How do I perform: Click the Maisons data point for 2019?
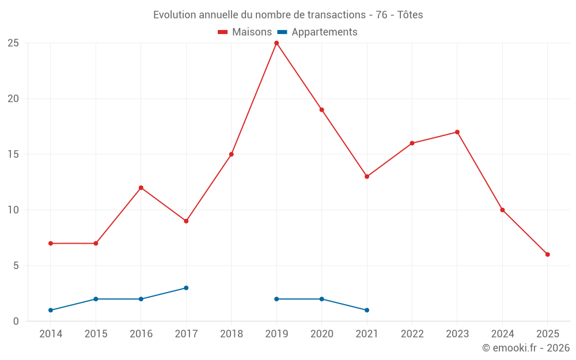pos(276,43)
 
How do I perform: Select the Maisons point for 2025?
pos(548,255)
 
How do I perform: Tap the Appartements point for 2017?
pos(186,288)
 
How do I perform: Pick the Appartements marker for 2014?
pos(51,310)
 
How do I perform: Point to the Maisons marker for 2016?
pos(141,188)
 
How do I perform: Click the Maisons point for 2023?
pos(457,132)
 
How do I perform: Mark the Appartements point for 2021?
pos(367,310)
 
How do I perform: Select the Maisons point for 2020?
pos(321,110)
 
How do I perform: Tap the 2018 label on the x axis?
pos(231,334)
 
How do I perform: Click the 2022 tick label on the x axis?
pos(412,334)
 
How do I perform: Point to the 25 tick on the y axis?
pos(13,43)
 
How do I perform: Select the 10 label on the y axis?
pos(13,210)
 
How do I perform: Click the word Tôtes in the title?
pos(410,15)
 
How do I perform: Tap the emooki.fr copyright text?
pos(526,348)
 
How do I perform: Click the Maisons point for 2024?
pos(502,210)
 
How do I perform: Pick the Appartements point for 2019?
pos(276,299)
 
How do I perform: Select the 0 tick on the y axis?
pos(16,321)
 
